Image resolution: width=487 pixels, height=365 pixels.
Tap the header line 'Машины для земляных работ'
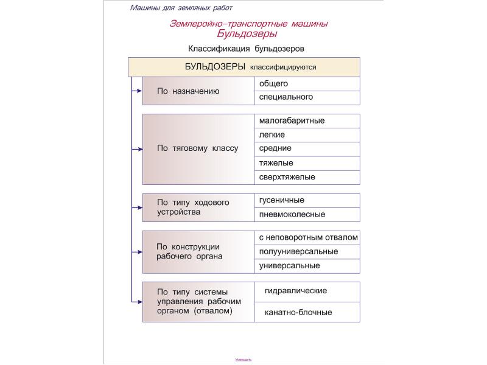tap(181, 8)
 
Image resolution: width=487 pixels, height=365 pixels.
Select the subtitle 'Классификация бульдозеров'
tap(246, 48)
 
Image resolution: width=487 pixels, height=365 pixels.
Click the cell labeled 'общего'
tap(307, 84)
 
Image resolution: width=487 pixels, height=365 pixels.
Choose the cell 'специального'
tap(307, 97)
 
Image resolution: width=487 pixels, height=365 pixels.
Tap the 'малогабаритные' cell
tap(307, 120)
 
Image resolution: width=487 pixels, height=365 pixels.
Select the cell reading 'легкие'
tap(307, 135)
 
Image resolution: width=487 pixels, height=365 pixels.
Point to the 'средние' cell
tap(307, 148)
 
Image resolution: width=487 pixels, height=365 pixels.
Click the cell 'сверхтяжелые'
tap(307, 177)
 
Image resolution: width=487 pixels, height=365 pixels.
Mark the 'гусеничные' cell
tap(307, 200)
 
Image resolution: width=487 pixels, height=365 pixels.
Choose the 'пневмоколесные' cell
tap(307, 214)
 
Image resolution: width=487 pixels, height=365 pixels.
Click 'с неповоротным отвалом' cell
tap(308, 237)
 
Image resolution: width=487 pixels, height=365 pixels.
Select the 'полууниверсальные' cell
tap(307, 252)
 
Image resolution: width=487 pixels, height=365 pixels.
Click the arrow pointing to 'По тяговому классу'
tap(137, 148)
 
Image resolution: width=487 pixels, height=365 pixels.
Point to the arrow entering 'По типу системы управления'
tap(137, 302)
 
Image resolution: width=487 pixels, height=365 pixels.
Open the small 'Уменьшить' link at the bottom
tap(243, 360)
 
